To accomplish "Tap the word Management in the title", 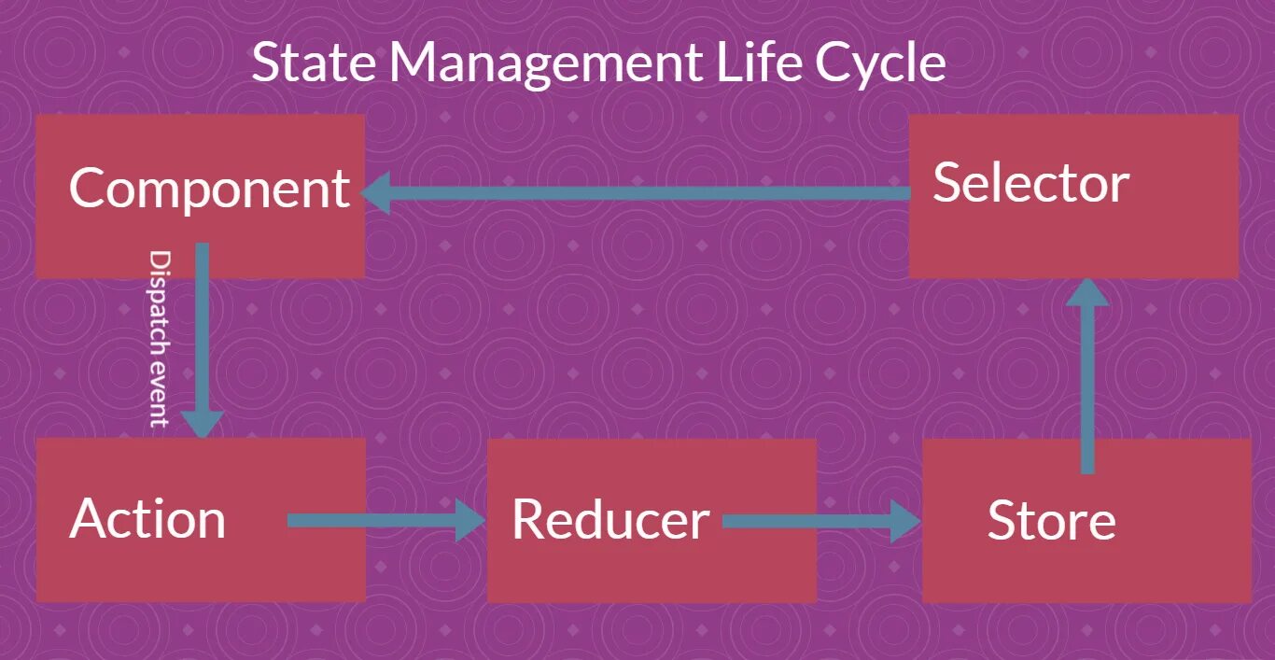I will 545,63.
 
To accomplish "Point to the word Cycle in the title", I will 880,63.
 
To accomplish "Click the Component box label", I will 209,189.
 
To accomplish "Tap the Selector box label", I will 1030,182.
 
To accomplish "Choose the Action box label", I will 147,519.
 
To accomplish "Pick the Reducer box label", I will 610,520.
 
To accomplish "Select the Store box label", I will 1051,521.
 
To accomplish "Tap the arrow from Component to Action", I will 203,327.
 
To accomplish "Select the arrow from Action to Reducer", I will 373,521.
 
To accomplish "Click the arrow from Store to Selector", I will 1086,383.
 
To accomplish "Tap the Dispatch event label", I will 160,338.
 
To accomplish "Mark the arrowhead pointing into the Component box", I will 375,194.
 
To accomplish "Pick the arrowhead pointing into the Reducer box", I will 469,521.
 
